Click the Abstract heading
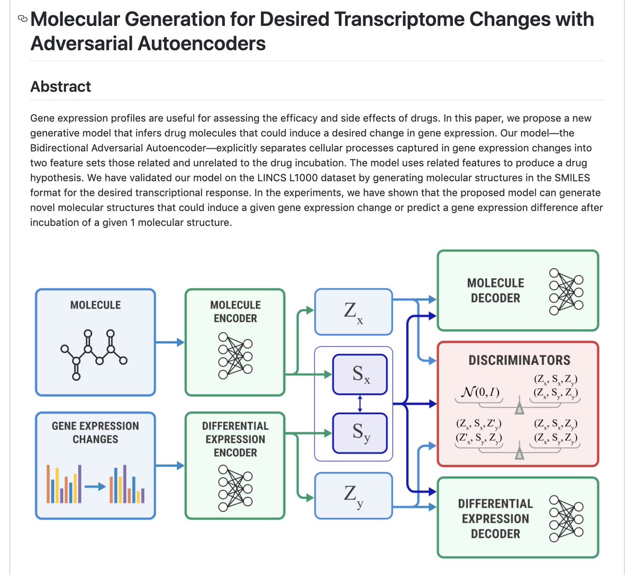(x=60, y=86)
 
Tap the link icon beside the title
(x=22, y=20)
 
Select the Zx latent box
(x=353, y=312)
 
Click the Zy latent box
(x=353, y=496)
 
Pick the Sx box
(x=360, y=375)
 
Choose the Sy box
(x=360, y=433)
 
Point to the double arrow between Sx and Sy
(x=360, y=404)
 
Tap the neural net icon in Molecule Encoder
(x=235, y=356)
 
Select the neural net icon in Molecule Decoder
(x=566, y=291)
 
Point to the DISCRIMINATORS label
(x=519, y=360)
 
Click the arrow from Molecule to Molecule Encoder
(x=170, y=342)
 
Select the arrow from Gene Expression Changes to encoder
(x=170, y=466)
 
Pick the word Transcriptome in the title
(x=400, y=20)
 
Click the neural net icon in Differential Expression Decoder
(x=566, y=518)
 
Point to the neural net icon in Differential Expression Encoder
(x=235, y=488)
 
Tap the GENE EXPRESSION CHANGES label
(x=95, y=432)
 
